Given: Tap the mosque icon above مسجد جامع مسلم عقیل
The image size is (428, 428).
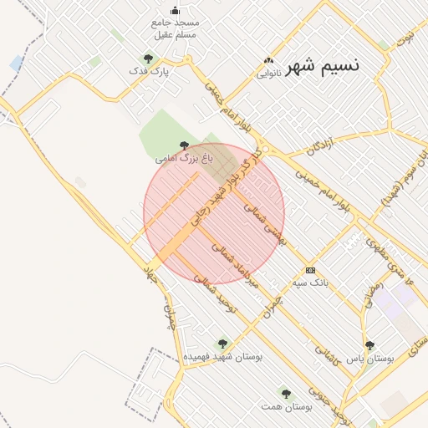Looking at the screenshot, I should (x=175, y=10).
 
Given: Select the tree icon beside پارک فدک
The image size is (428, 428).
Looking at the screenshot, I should (x=148, y=59).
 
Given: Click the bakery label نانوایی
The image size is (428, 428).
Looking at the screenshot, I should (x=268, y=73).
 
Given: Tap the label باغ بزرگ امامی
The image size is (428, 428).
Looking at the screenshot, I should (x=185, y=157).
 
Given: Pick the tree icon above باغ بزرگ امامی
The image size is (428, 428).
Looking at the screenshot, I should (x=184, y=145).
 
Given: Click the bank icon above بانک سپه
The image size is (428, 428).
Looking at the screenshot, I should (x=311, y=270).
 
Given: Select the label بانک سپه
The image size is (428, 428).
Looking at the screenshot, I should (x=311, y=283).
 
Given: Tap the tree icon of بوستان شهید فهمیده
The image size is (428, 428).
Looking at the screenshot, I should (x=222, y=343).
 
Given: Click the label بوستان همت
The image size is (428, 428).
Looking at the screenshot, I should (x=287, y=406).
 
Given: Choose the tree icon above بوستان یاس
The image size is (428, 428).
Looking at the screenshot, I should (x=369, y=344).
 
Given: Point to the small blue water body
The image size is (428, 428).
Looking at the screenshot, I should (x=17, y=63).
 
